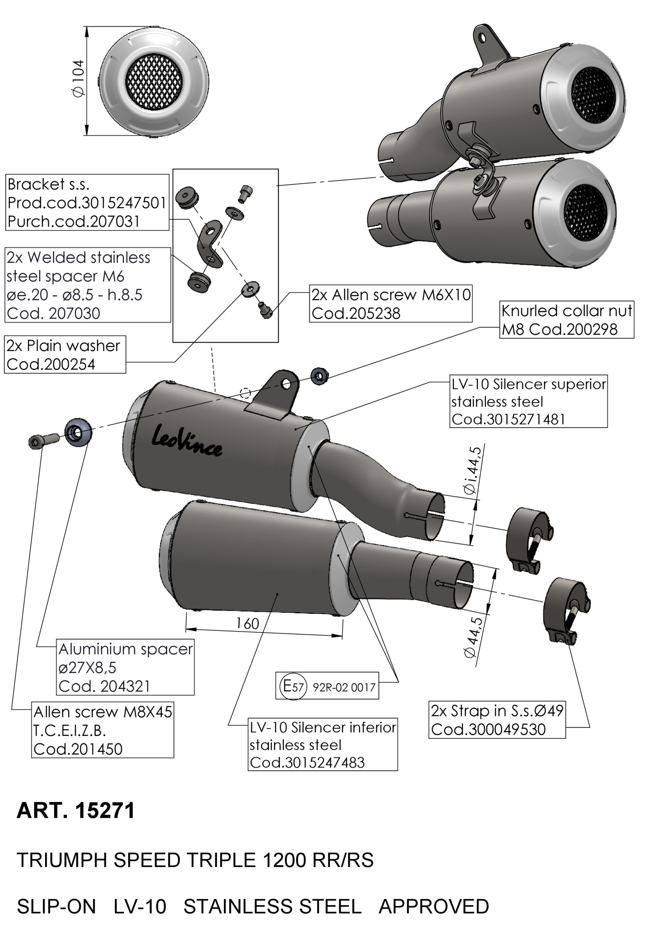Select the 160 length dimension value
[x=247, y=623]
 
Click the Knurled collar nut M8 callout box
[x=566, y=320]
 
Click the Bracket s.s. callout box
[x=87, y=202]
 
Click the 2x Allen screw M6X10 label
[x=391, y=304]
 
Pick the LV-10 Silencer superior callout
[x=528, y=401]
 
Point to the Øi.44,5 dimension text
[x=474, y=471]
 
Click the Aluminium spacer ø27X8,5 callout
[x=126, y=667]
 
